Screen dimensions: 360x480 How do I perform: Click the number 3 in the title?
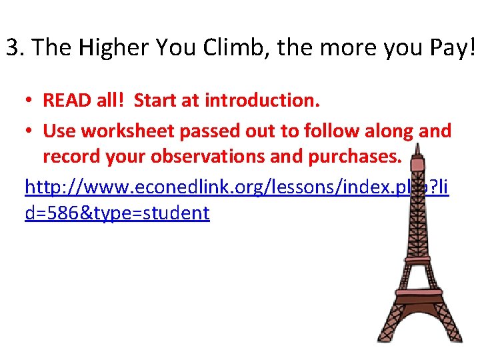[x=11, y=48]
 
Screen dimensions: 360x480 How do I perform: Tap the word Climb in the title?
[x=227, y=48]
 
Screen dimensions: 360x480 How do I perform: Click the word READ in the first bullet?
[x=65, y=101]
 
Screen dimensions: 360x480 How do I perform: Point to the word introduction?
[x=263, y=101]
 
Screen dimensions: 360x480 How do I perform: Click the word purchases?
[x=357, y=157]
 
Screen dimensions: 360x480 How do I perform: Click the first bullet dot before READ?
[x=31, y=101]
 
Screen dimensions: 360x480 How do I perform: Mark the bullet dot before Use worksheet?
[x=31, y=131]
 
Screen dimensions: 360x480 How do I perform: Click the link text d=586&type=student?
[x=117, y=213]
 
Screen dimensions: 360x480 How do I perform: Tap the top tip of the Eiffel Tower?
[x=418, y=141]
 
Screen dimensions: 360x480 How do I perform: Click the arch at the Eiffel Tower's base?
[x=417, y=333]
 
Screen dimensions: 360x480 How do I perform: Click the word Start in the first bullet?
[x=157, y=101]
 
